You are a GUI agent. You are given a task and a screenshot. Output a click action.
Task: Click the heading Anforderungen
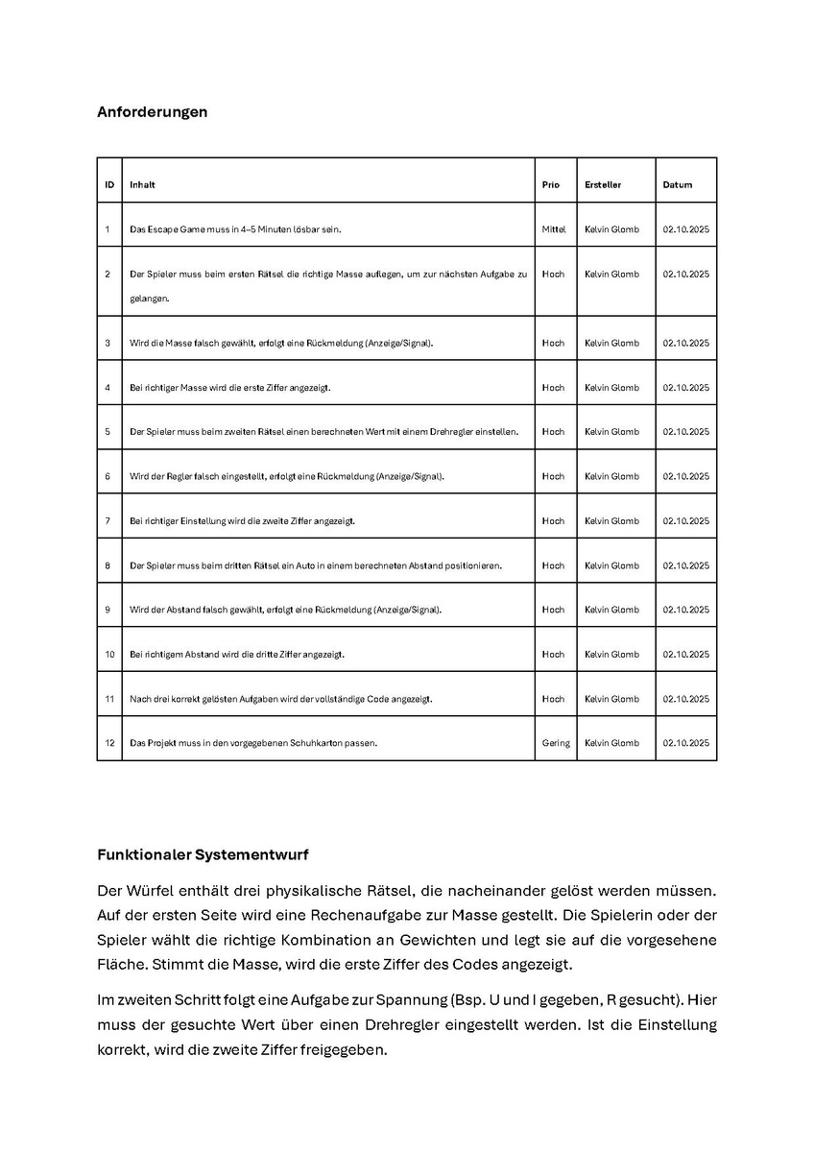152,111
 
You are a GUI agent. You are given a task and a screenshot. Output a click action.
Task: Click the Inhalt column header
142,184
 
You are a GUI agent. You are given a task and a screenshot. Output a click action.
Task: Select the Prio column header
551,184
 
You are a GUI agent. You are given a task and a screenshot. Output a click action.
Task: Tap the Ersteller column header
603,184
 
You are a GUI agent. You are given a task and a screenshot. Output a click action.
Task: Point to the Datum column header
677,184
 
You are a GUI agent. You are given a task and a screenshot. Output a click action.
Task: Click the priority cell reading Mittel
554,229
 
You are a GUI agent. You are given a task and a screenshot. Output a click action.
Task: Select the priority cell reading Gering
556,743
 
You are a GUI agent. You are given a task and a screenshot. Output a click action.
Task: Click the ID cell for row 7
108,520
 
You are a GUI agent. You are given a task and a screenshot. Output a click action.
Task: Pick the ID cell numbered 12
109,743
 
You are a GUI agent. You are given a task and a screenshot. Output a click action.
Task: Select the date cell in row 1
685,229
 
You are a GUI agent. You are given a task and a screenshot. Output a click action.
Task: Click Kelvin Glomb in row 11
611,699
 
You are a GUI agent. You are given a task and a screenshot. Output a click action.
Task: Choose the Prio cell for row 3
553,343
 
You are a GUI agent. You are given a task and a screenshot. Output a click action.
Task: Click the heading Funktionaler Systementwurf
203,854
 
